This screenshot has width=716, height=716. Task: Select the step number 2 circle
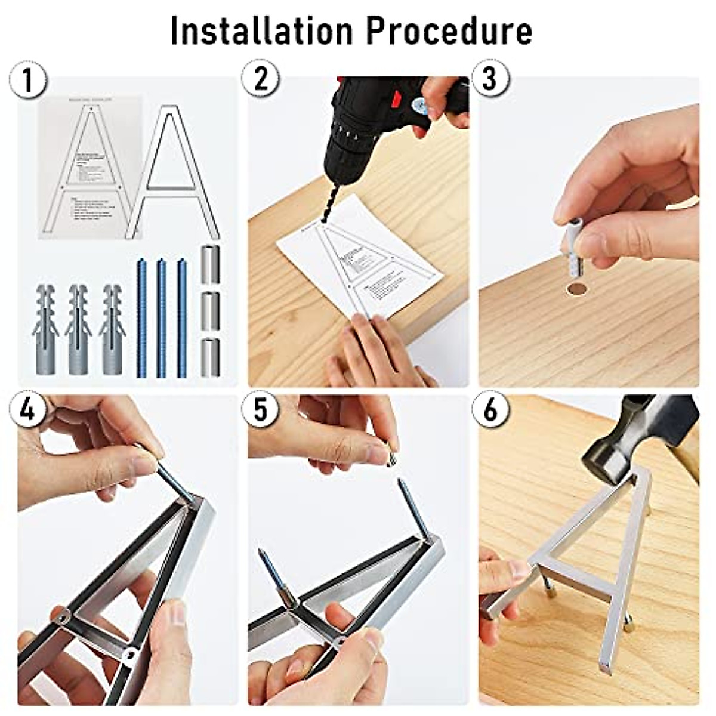pos(261,79)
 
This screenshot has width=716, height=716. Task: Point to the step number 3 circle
pos(490,79)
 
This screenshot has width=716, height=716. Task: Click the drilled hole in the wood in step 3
pos(576,289)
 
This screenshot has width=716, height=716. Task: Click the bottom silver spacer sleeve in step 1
pos(210,357)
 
